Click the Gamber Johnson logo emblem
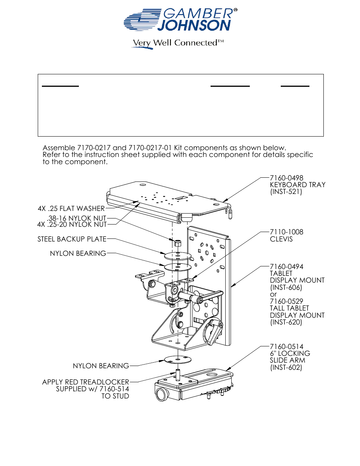(x=142, y=20)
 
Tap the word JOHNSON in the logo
(x=194, y=26)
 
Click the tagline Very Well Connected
(x=178, y=43)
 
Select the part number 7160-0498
(x=286, y=178)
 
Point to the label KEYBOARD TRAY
(x=297, y=185)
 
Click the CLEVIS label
(x=281, y=239)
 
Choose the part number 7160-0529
(x=286, y=301)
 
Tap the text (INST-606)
(x=286, y=288)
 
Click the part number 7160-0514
(x=286, y=346)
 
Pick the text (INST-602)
(x=286, y=368)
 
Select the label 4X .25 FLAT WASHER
(x=71, y=209)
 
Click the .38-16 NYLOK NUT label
(x=77, y=218)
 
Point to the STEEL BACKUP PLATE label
(x=72, y=239)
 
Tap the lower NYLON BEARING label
(x=101, y=366)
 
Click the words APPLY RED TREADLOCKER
(x=85, y=382)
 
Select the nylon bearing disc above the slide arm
(x=178, y=359)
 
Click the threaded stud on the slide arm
(x=178, y=374)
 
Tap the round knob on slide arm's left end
(x=162, y=394)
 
